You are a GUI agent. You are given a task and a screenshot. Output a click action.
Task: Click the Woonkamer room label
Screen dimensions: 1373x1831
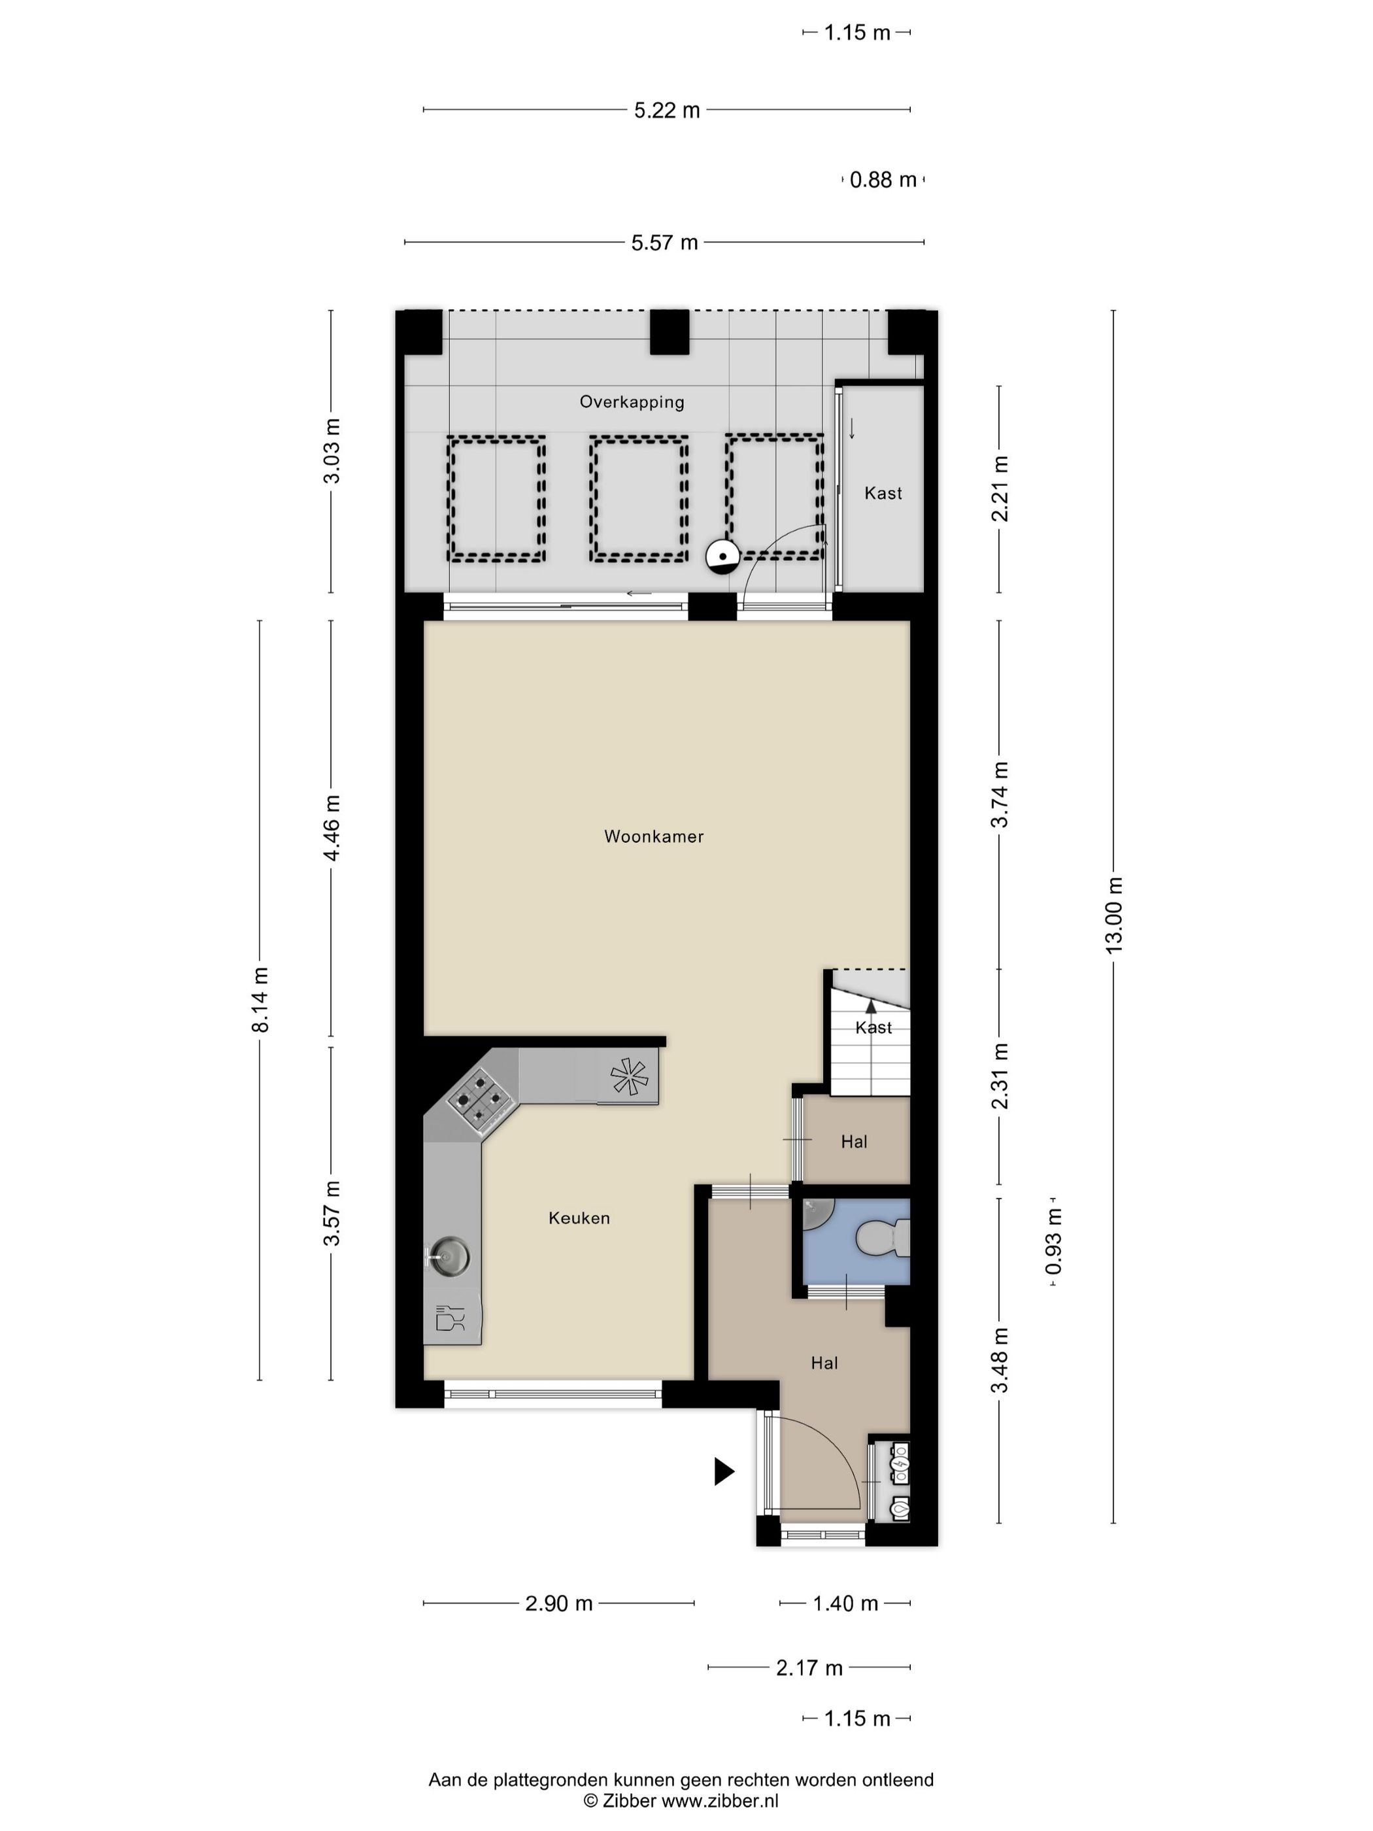(654, 836)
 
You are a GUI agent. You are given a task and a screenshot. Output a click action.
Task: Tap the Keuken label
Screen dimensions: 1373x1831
(579, 1218)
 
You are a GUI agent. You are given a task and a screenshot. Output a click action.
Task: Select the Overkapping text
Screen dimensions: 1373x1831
(632, 402)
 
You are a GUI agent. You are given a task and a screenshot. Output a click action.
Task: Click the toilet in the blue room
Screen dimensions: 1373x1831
(883, 1239)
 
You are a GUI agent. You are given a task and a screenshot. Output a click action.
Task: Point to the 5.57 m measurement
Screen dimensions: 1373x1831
(664, 243)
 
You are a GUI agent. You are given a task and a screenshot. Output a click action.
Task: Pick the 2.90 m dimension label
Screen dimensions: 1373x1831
(558, 1603)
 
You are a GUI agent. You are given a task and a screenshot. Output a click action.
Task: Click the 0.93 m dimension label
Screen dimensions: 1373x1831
(1053, 1242)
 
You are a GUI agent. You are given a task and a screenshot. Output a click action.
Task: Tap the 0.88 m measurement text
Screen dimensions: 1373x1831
(883, 180)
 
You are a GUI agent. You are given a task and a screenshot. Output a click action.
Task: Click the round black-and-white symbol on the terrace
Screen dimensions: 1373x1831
(722, 556)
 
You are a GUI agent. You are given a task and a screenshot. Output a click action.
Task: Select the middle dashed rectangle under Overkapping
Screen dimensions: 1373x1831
(638, 498)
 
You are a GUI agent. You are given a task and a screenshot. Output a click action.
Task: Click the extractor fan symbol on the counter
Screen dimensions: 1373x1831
(629, 1077)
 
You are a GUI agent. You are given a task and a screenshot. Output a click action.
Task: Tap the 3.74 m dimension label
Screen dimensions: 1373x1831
(1000, 794)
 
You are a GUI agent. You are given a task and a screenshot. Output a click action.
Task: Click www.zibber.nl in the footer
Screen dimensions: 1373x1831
(720, 1800)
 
